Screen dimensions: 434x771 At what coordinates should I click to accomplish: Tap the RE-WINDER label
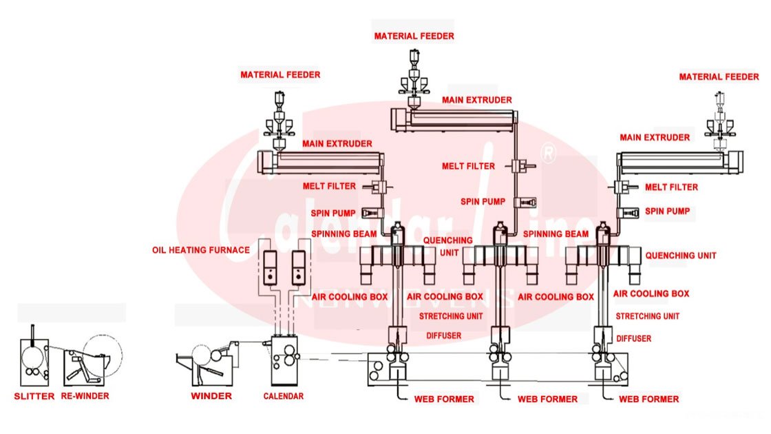pos(85,396)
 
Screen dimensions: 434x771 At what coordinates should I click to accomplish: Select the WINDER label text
pos(211,396)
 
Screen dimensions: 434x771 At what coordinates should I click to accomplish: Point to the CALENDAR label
pos(283,396)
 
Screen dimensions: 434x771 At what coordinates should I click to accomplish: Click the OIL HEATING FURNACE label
pos(201,250)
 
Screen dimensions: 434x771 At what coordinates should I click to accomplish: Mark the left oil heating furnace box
pos(269,267)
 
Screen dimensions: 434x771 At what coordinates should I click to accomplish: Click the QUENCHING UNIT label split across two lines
pos(447,246)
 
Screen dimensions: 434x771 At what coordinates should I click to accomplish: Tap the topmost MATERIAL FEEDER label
pos(414,36)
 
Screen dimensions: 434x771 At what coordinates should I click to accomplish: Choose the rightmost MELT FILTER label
pos(671,187)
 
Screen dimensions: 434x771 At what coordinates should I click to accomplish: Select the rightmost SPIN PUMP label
pos(667,211)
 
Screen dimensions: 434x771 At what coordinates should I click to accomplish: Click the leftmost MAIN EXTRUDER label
pos(337,144)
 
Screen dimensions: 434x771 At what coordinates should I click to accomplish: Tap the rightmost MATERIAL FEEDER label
pos(719,77)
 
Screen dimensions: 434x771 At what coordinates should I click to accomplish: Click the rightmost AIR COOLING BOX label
pos(651,293)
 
